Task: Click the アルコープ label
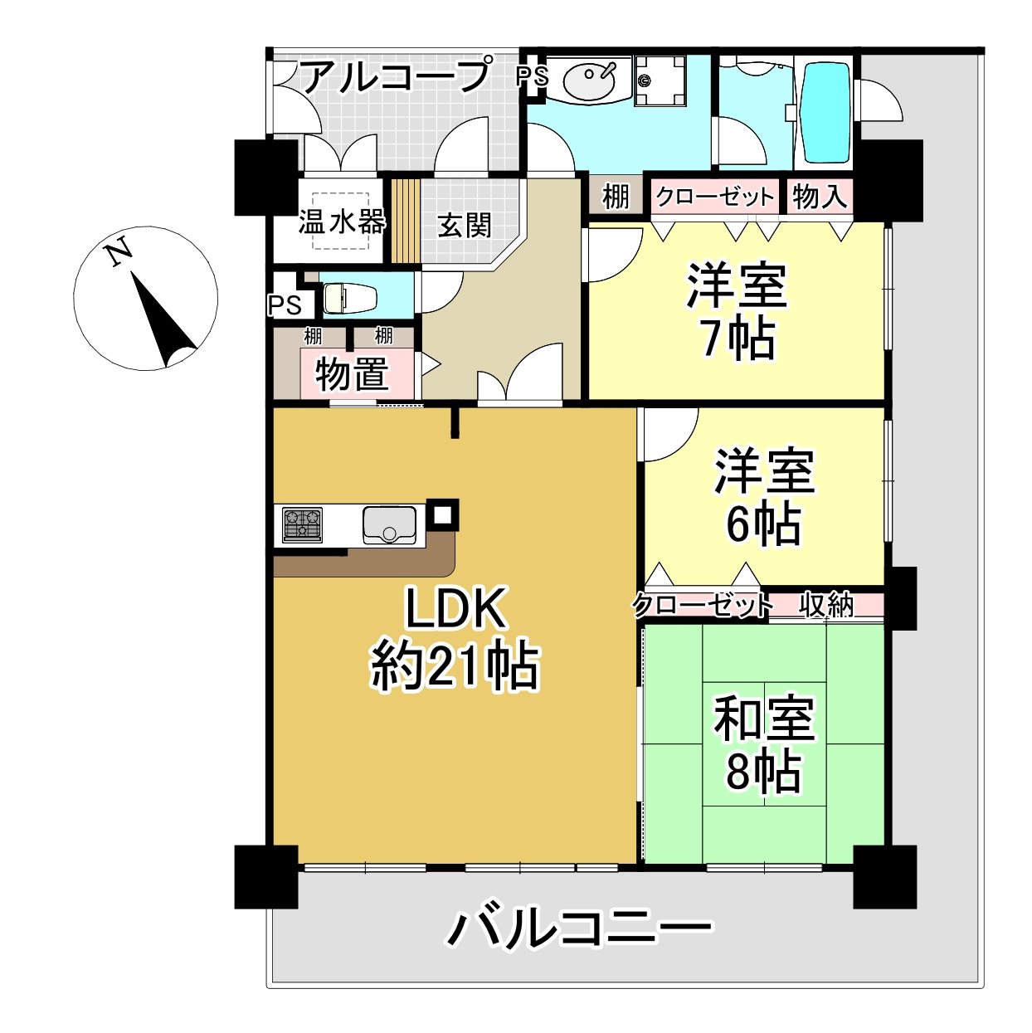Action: [397, 76]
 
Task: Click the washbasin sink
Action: [589, 80]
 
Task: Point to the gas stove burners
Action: [302, 524]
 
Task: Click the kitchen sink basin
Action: [390, 525]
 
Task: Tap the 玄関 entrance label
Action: [465, 225]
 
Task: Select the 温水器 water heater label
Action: [342, 222]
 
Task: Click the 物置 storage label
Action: [352, 374]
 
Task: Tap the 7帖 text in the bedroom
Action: [738, 339]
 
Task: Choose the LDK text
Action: [455, 608]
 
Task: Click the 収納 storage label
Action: [825, 605]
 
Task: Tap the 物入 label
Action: [820, 196]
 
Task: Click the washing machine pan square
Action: [660, 81]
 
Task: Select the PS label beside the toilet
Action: [285, 305]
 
